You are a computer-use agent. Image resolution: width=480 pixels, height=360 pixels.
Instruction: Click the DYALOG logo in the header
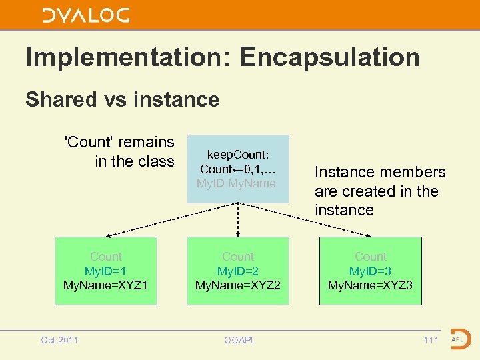point(86,15)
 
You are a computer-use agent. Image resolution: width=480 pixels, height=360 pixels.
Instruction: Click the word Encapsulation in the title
point(329,57)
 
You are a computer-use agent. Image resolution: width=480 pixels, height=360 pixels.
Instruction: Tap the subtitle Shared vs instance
point(122,99)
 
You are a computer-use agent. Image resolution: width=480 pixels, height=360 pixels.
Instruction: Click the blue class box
point(238,169)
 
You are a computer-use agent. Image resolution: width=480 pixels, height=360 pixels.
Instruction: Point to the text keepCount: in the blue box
point(238,155)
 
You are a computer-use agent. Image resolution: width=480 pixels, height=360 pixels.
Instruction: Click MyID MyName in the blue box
point(236,183)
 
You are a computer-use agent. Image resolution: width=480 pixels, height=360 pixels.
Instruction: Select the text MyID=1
point(105,271)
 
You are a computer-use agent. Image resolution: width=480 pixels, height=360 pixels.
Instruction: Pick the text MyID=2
point(237,271)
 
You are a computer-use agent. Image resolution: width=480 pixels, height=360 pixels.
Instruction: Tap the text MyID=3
point(370,271)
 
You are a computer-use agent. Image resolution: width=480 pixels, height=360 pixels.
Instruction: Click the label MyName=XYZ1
point(105,285)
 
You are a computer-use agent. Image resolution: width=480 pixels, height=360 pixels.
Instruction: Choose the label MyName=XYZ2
point(237,285)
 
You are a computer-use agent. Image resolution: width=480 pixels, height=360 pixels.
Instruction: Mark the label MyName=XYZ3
point(370,285)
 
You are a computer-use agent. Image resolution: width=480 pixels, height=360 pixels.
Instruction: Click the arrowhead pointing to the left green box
point(109,235)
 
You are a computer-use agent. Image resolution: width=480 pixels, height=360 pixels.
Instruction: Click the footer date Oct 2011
point(59,341)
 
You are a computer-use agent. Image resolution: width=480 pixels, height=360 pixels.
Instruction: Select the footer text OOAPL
point(238,341)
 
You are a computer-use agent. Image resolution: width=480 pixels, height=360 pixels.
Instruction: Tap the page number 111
point(431,341)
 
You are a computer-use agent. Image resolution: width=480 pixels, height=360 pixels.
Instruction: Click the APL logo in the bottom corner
point(459,339)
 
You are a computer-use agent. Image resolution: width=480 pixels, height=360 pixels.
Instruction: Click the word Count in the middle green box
point(238,257)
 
